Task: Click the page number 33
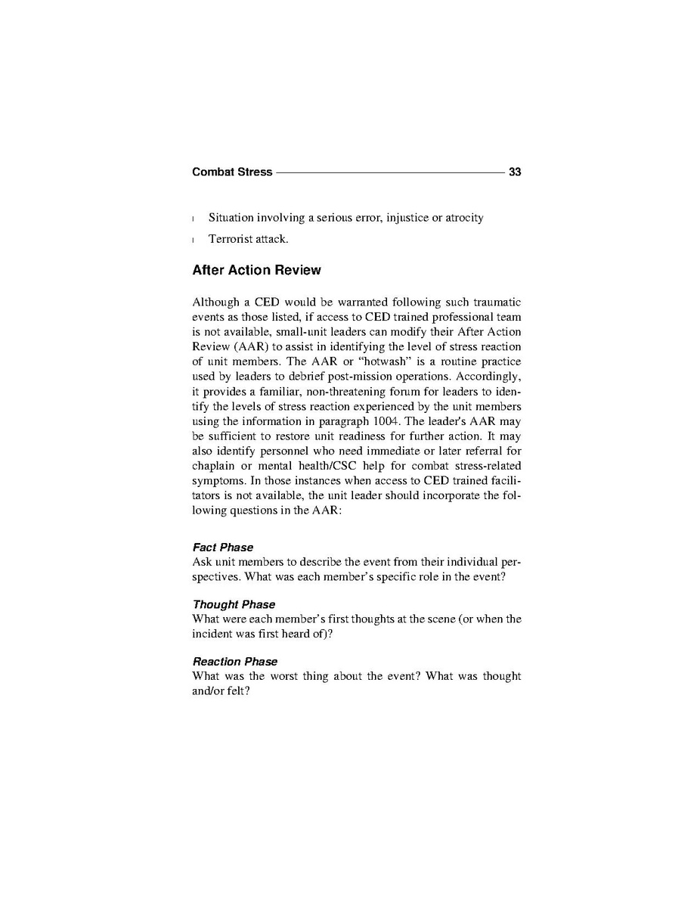(x=515, y=172)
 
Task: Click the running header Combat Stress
(x=232, y=172)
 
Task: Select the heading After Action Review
(x=256, y=270)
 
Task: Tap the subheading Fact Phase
(x=223, y=547)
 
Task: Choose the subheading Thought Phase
(x=234, y=604)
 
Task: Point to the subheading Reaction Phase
(x=235, y=661)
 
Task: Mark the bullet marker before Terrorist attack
(x=194, y=240)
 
